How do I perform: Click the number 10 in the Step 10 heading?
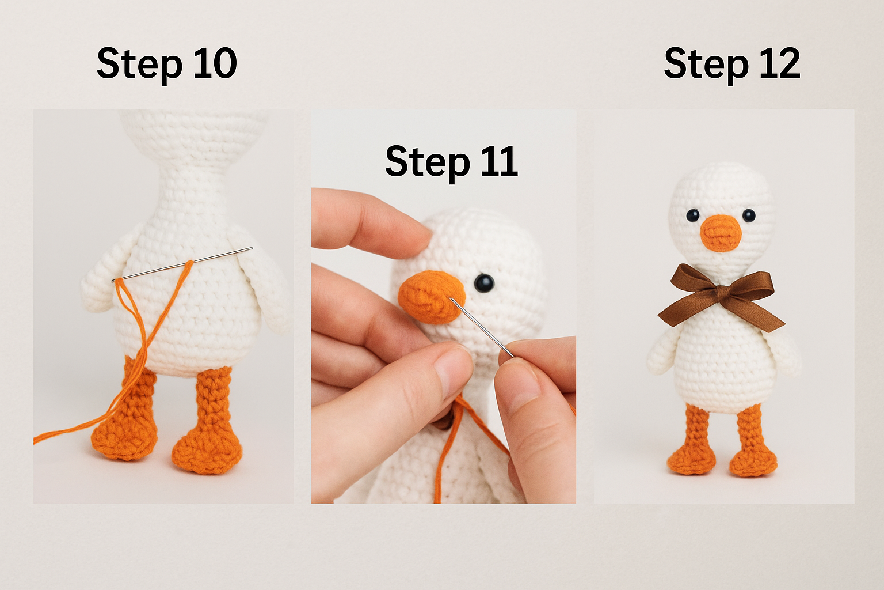pyautogui.click(x=214, y=63)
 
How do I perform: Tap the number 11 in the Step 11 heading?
pyautogui.click(x=498, y=161)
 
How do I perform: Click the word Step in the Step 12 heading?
pyautogui.click(x=706, y=65)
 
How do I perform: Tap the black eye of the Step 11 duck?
pyautogui.click(x=484, y=282)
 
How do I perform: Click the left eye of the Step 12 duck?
pyautogui.click(x=693, y=215)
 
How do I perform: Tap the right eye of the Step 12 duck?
pyautogui.click(x=749, y=215)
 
